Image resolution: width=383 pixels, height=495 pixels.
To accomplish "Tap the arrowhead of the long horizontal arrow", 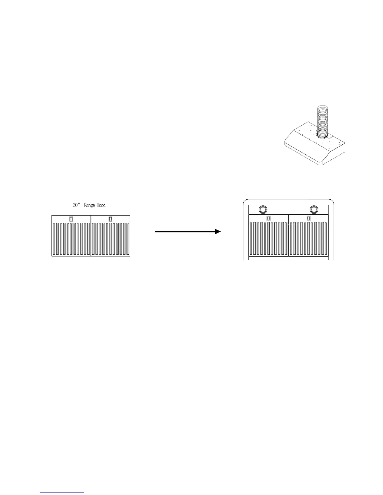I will pyautogui.click(x=218, y=232).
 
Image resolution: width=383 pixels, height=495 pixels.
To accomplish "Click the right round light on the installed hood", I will pyautogui.click(x=314, y=209).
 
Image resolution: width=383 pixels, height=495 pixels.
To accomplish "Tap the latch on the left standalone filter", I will pyautogui.click(x=71, y=219).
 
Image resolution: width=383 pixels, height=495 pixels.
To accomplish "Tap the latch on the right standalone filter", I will pyautogui.click(x=110, y=219).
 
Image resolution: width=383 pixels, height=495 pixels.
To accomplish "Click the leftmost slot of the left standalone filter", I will pyautogui.click(x=54, y=238).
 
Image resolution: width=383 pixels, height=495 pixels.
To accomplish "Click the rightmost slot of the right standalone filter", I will pyautogui.click(x=128, y=238).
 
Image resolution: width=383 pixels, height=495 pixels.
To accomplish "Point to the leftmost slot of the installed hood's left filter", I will pyautogui.click(x=251, y=238).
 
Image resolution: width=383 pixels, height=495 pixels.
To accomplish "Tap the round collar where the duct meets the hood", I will pyautogui.click(x=322, y=135).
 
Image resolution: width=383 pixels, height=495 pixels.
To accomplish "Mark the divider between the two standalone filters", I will pyautogui.click(x=91, y=236).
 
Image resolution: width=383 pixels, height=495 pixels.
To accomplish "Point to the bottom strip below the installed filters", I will pyautogui.click(x=288, y=258).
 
